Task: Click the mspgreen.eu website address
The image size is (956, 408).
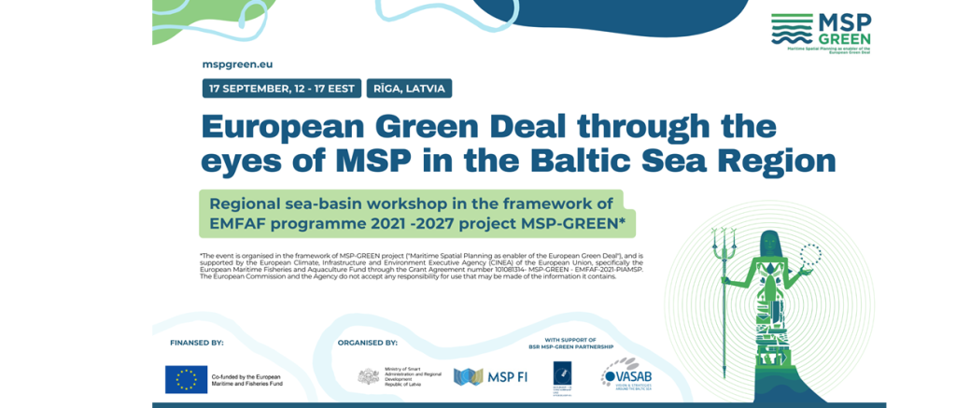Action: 237,64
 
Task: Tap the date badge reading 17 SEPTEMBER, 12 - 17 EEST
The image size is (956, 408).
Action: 281,89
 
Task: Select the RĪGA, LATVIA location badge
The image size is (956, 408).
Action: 409,89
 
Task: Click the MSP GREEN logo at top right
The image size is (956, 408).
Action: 821,33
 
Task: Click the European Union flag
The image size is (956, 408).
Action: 186,378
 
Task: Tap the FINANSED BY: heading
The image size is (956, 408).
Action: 197,343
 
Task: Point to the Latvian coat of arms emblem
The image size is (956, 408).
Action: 369,376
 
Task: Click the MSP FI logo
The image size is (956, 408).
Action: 490,376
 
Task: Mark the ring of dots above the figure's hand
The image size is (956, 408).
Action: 810,254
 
